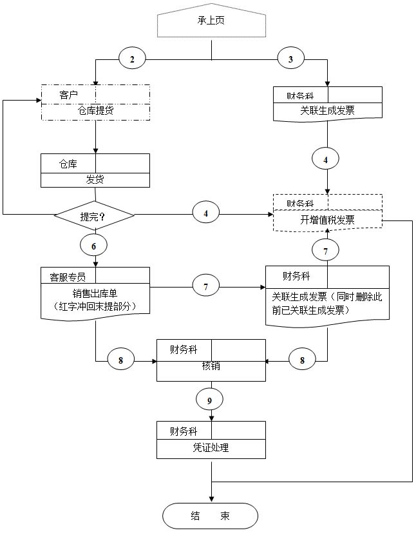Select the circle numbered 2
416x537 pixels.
click(133, 59)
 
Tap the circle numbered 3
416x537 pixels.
click(291, 59)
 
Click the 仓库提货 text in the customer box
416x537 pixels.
click(95, 111)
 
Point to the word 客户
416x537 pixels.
click(69, 95)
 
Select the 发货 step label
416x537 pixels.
click(95, 179)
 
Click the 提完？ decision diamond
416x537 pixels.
click(93, 216)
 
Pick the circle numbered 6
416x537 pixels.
click(94, 246)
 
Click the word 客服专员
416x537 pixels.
click(68, 277)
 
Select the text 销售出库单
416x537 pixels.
click(95, 291)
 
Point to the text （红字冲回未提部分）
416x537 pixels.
click(95, 305)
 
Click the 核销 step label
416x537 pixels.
click(211, 366)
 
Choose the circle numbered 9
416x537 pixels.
click(210, 400)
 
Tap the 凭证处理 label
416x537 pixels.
click(211, 447)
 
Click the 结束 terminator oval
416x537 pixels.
click(210, 516)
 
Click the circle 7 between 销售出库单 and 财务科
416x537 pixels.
click(206, 286)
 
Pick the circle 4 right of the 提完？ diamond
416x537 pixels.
click(206, 212)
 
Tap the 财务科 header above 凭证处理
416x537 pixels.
click(184, 431)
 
